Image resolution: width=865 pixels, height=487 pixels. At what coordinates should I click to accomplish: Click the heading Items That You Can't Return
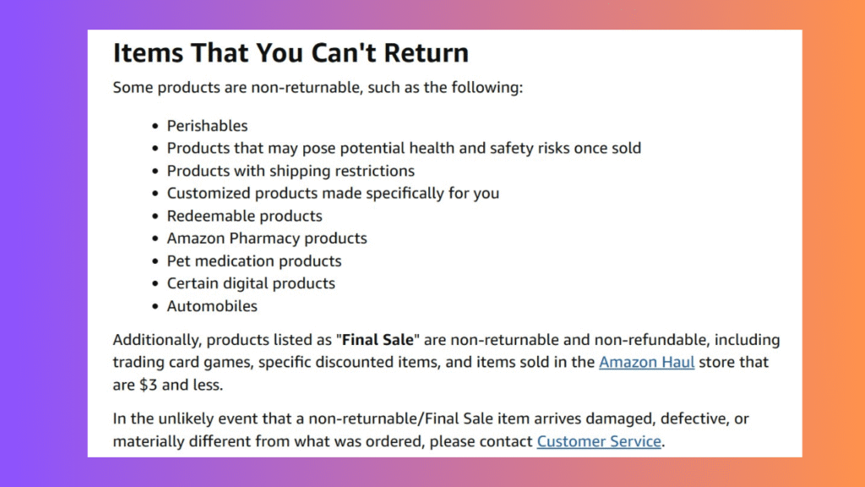click(291, 53)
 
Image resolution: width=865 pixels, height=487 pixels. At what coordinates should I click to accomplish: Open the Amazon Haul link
click(646, 362)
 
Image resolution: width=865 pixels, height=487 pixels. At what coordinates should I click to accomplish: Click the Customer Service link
click(599, 441)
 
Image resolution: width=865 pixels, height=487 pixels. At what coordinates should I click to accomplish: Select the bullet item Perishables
click(208, 126)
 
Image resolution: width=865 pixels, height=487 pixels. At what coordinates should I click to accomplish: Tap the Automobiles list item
click(212, 306)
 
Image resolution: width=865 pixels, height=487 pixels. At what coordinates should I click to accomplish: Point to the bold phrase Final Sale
click(378, 340)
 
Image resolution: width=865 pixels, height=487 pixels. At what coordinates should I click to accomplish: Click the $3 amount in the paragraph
click(149, 385)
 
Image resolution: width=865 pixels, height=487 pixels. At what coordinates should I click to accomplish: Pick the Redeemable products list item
click(244, 216)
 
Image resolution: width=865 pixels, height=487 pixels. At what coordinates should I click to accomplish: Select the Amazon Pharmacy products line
click(267, 238)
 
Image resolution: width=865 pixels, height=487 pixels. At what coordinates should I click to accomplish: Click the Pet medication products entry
click(254, 261)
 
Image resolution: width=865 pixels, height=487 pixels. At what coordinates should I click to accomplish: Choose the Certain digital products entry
click(251, 283)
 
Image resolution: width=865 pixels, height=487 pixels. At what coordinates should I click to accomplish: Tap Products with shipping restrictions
click(291, 171)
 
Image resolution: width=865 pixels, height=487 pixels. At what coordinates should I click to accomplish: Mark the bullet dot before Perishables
click(155, 127)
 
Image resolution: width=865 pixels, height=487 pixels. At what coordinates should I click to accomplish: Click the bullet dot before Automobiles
click(155, 306)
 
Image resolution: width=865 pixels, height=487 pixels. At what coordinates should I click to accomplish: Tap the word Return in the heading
click(427, 53)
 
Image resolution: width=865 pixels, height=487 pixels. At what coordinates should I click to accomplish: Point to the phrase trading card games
click(183, 362)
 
